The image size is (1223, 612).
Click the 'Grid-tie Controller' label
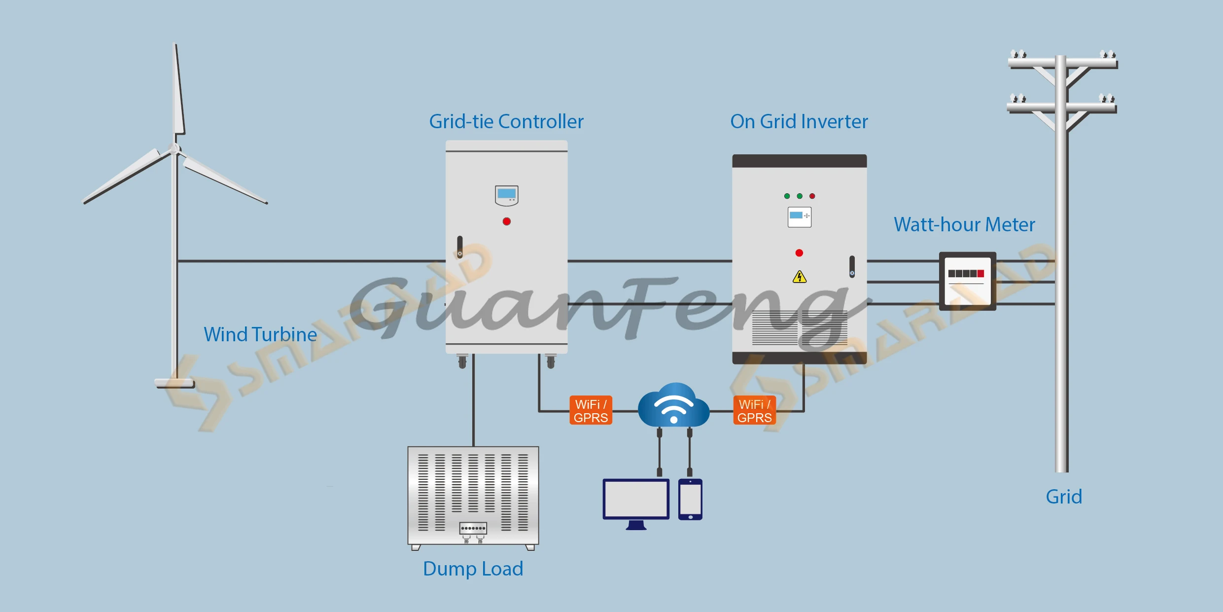(506, 121)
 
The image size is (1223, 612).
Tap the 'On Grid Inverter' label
(799, 121)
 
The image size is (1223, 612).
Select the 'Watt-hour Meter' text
(965, 224)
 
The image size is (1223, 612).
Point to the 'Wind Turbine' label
(260, 334)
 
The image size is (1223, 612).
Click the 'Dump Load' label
(473, 569)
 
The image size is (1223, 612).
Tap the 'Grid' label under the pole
(1064, 497)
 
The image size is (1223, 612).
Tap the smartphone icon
(690, 499)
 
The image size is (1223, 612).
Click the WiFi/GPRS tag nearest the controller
(591, 410)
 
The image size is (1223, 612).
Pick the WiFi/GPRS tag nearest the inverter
(754, 410)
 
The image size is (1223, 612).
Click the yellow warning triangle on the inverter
(800, 277)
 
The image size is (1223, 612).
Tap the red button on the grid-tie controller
(507, 221)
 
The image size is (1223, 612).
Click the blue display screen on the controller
(507, 193)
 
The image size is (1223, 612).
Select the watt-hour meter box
(968, 281)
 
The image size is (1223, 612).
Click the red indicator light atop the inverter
(812, 196)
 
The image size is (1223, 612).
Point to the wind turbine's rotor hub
(175, 149)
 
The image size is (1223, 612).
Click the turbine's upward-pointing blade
(178, 89)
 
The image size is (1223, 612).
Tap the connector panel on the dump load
(473, 528)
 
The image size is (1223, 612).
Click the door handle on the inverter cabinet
(852, 267)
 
